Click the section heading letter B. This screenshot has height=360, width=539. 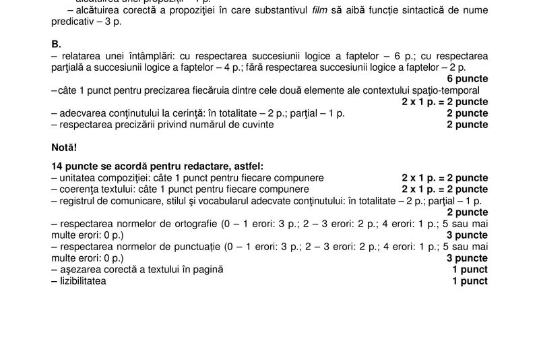click(56, 44)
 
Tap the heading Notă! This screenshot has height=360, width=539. click(65, 146)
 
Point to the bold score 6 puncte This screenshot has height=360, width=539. click(466, 79)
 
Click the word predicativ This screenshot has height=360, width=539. click(73, 22)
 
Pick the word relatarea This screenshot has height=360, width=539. click(81, 55)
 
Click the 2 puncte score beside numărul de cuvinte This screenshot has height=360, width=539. click(467, 125)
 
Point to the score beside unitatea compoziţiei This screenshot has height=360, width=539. click(445, 178)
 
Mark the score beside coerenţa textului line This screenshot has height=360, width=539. click(445, 189)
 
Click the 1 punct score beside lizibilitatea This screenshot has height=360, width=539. click(470, 281)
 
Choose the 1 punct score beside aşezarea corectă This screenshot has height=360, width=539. click(470, 270)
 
